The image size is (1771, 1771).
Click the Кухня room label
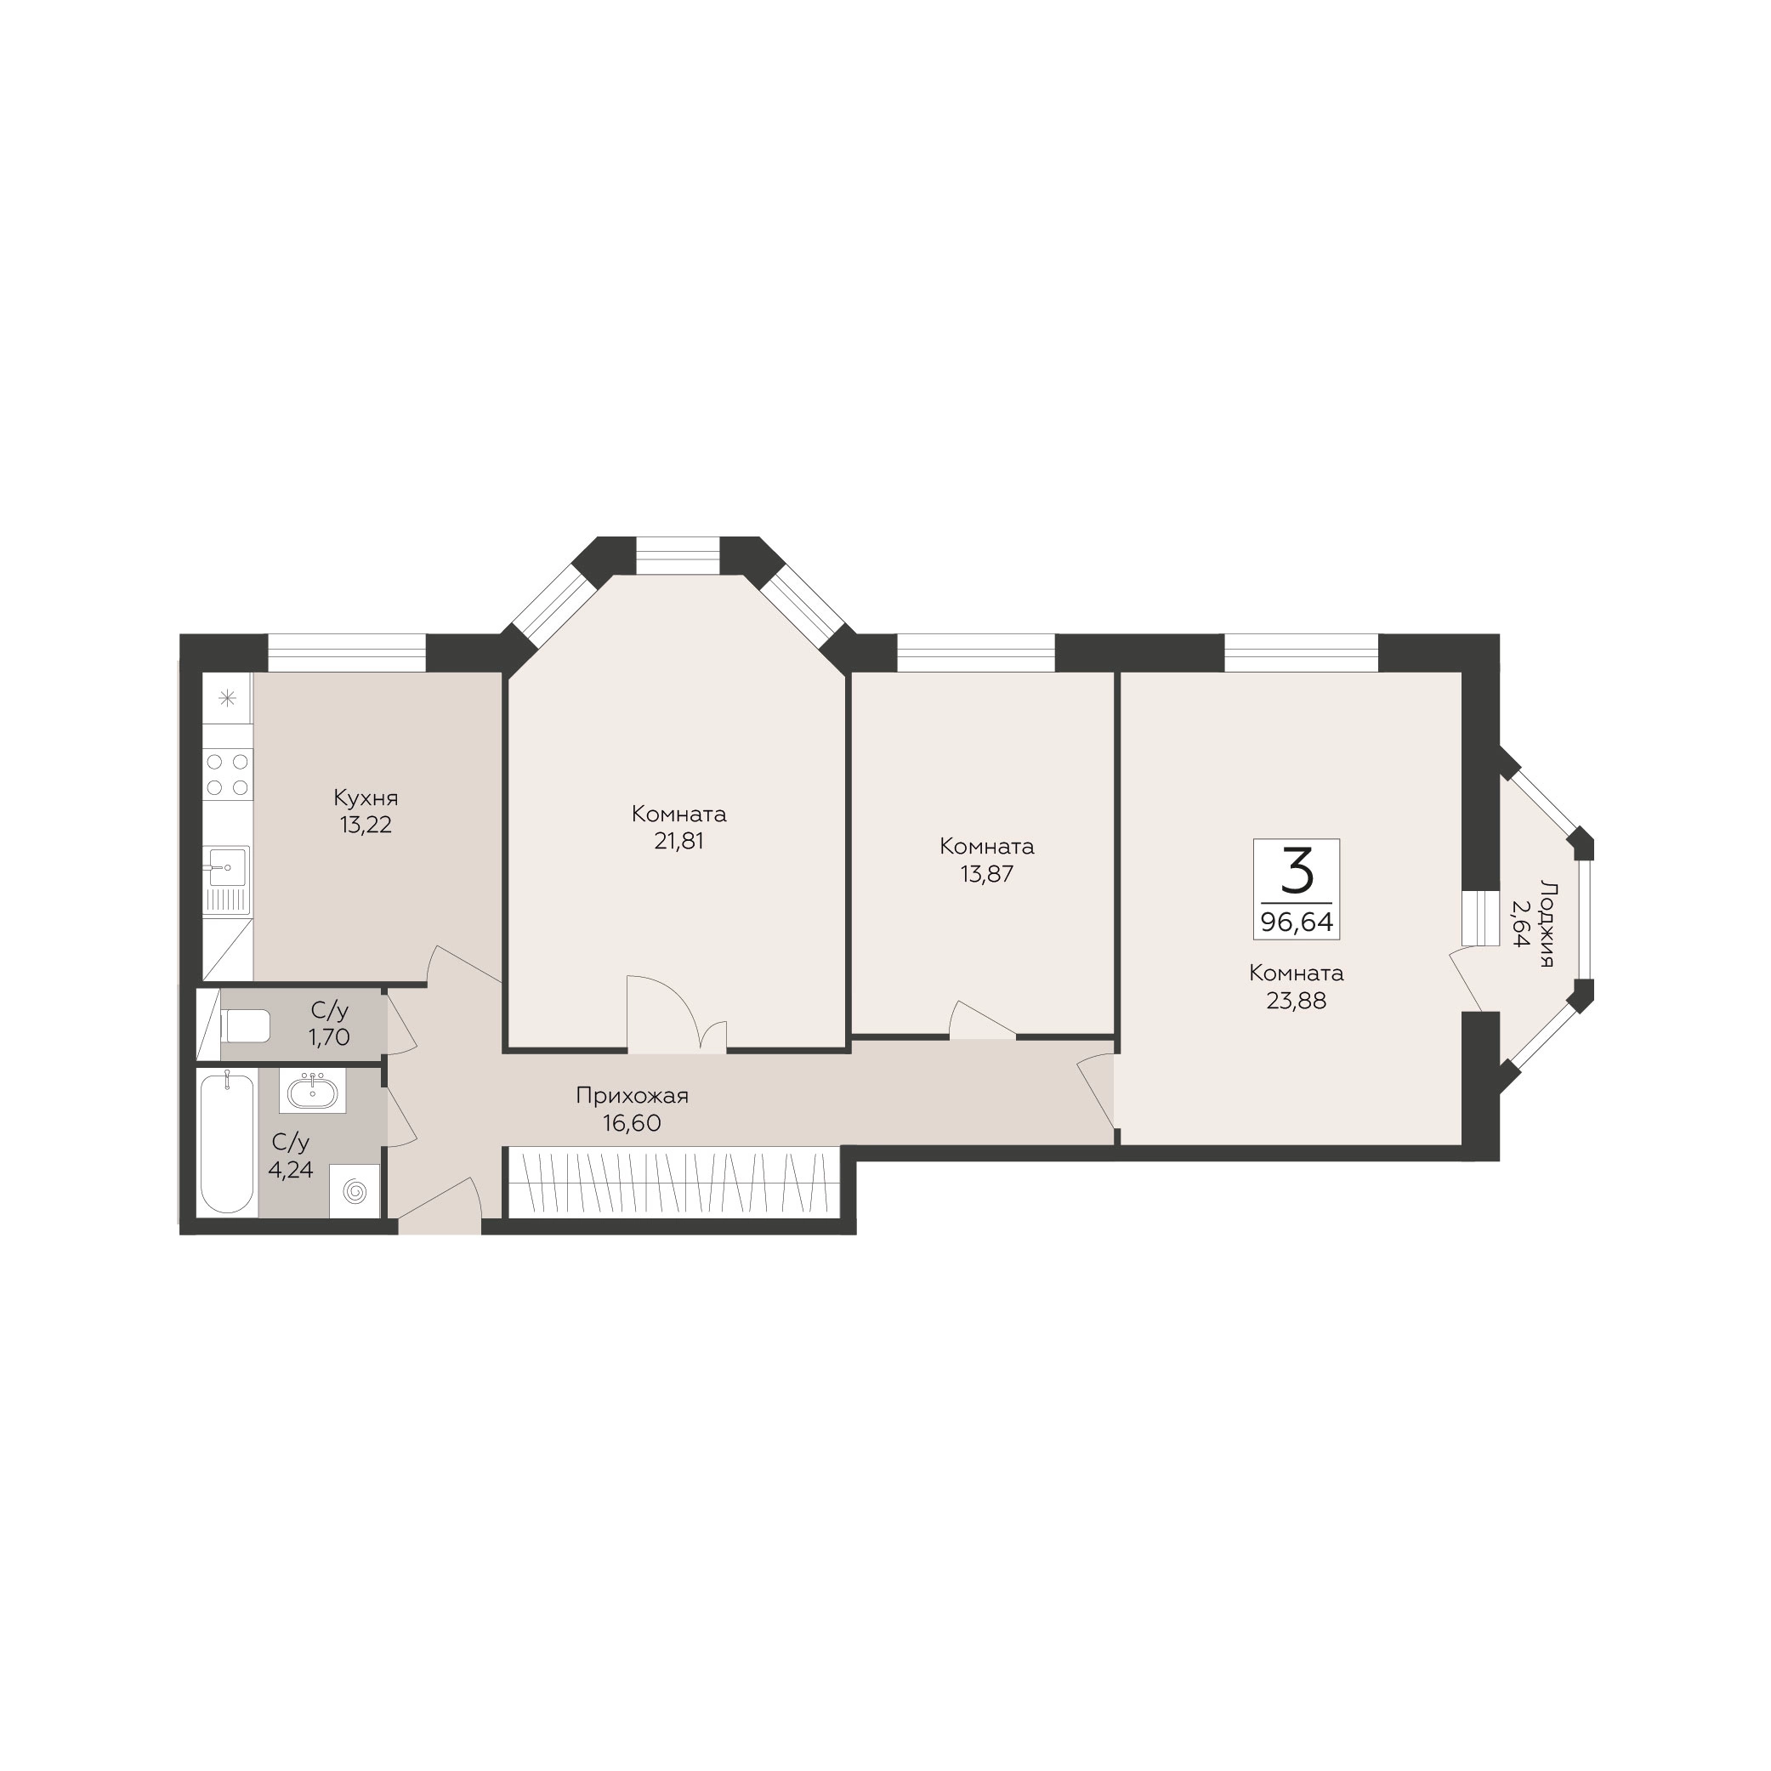click(366, 798)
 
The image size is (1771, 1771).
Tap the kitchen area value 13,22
click(366, 825)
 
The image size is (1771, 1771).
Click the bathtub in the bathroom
click(227, 1142)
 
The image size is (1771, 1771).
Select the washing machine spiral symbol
click(355, 1192)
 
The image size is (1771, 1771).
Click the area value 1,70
click(329, 1037)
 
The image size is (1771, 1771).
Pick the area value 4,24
click(291, 1170)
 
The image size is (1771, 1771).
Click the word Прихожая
click(633, 1095)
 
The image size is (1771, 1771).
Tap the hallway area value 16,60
click(633, 1123)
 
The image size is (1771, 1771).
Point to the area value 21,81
click(679, 841)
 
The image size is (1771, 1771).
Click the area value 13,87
click(987, 873)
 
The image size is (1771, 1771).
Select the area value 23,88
click(1297, 1000)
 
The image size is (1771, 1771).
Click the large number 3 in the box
click(1297, 871)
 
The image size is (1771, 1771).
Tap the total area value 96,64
click(1297, 922)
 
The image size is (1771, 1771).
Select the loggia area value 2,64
click(1521, 923)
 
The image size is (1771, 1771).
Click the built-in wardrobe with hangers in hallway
click(673, 1182)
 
